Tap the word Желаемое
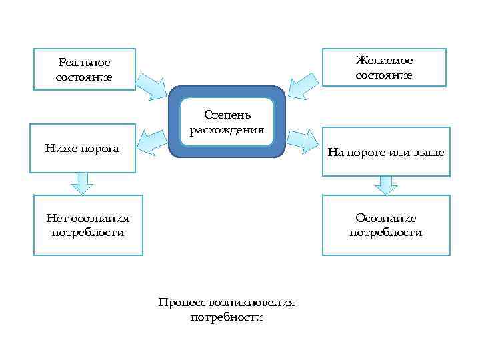pyautogui.click(x=384, y=61)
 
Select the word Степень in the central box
pyautogui.click(x=227, y=115)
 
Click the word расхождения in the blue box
pyautogui.click(x=227, y=129)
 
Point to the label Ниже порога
pyautogui.click(x=82, y=148)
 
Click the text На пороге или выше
pyautogui.click(x=386, y=152)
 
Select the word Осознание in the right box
pyautogui.click(x=385, y=218)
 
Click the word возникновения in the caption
pyautogui.click(x=251, y=303)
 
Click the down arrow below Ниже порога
pyautogui.click(x=82, y=182)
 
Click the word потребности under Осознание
pyautogui.click(x=385, y=233)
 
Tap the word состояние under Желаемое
pyautogui.click(x=384, y=75)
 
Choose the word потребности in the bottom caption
pyautogui.click(x=227, y=317)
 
